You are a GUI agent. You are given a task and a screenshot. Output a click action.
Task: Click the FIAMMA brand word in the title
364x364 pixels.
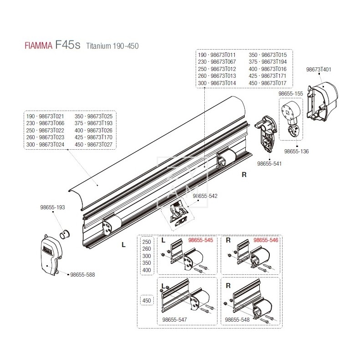[36, 46]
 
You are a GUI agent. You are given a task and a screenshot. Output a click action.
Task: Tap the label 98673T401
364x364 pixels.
[318, 70]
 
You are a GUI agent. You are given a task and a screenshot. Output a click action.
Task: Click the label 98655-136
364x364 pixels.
[296, 151]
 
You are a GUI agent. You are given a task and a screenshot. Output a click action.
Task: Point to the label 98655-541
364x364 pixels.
[270, 162]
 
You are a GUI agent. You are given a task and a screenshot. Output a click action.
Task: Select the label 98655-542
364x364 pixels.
[205, 196]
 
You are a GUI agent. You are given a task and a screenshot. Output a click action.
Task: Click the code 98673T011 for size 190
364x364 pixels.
[223, 55]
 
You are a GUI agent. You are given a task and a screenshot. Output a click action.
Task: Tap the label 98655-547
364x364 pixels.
[174, 320]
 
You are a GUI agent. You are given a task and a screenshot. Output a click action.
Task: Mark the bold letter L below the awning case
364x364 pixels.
[123, 245]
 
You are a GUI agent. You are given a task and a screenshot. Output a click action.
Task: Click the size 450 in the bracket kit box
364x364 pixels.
[147, 300]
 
